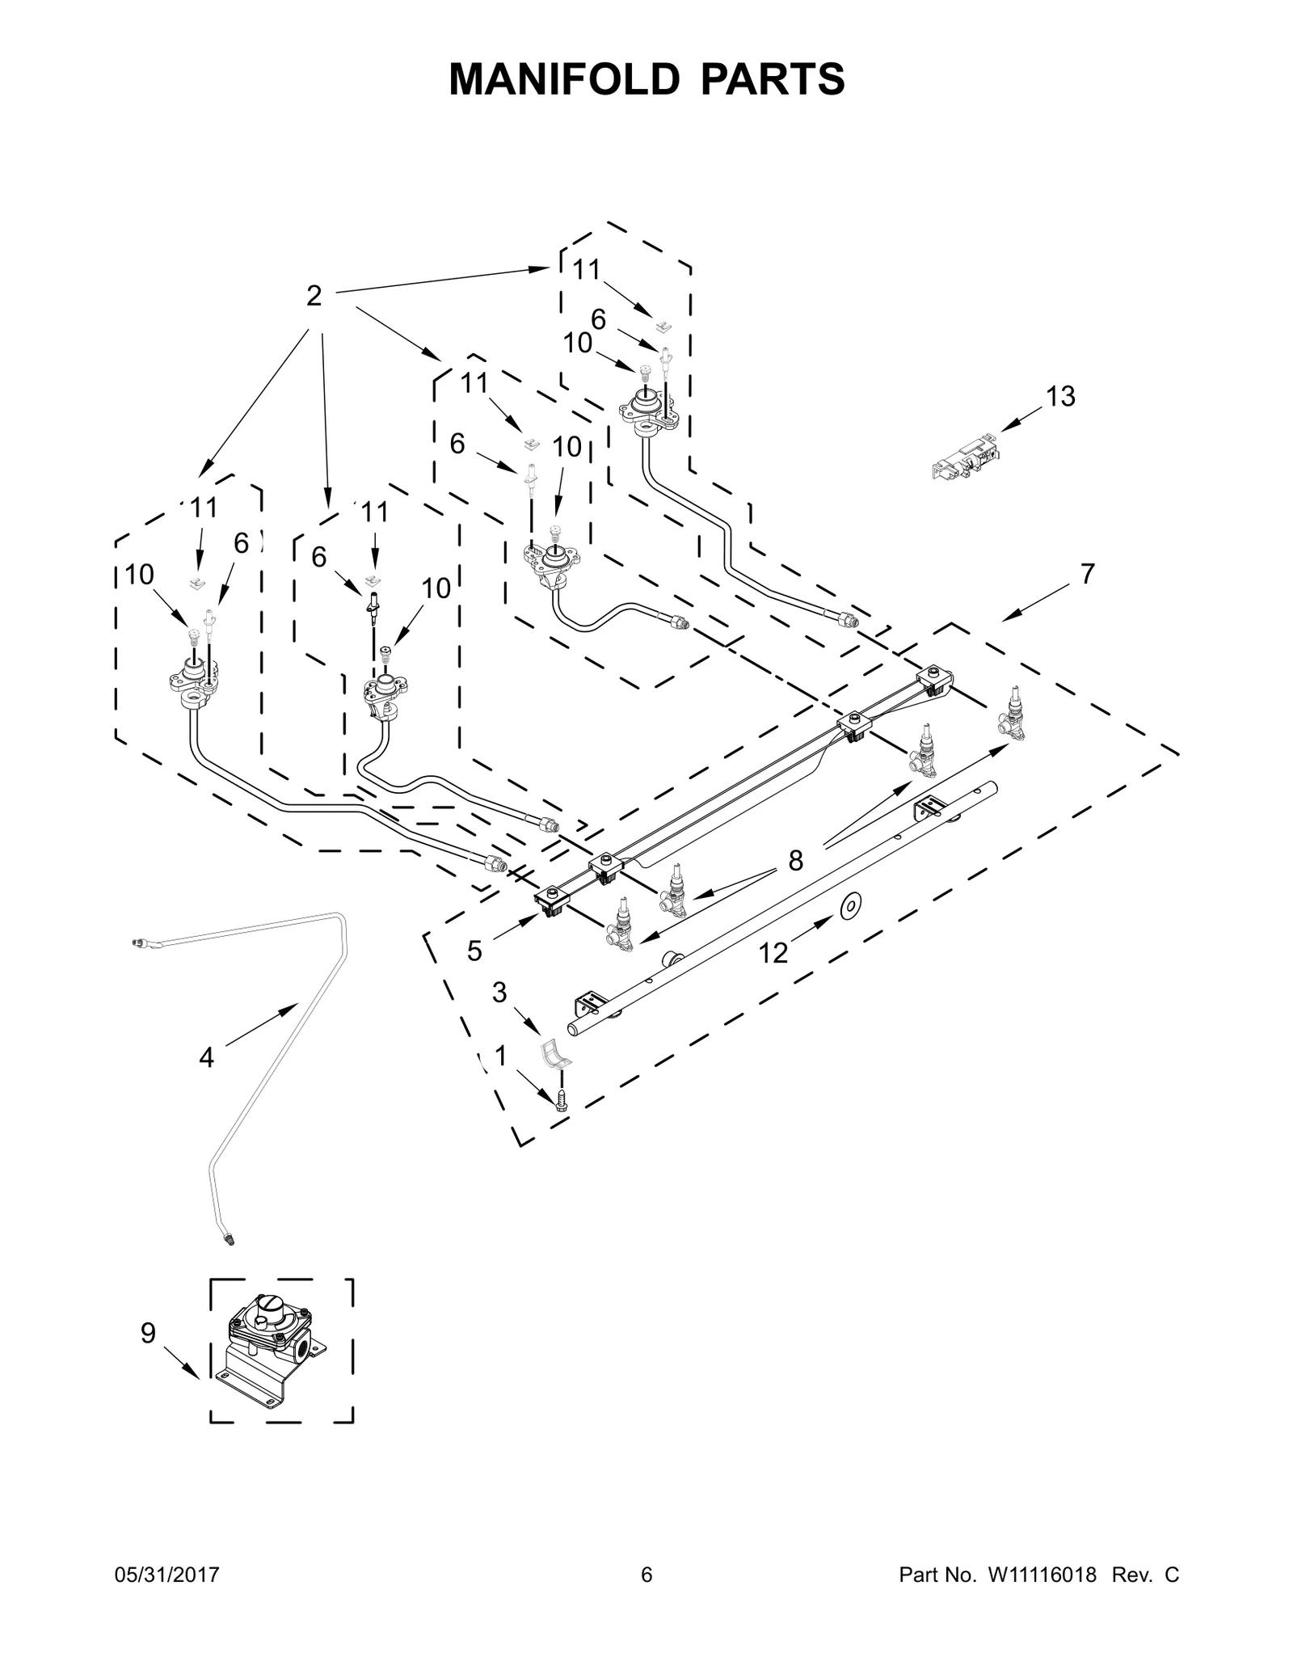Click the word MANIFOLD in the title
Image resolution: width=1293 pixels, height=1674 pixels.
(563, 79)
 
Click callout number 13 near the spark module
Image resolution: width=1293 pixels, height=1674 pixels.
(1060, 397)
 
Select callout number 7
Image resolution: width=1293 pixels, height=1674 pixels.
(1088, 574)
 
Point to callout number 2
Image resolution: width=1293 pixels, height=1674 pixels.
(314, 296)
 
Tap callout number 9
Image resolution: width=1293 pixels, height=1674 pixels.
(148, 1333)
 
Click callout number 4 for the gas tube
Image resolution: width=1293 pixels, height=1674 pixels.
(207, 1057)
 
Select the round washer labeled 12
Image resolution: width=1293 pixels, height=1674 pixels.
(851, 907)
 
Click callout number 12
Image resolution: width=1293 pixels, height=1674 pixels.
(773, 954)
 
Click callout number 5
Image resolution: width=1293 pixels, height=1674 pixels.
(474, 951)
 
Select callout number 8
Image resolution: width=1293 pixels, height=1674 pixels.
(796, 861)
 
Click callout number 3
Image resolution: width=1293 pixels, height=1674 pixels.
(499, 992)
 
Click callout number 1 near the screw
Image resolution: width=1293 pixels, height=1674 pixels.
(501, 1056)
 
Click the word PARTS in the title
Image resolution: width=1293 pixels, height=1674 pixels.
(773, 79)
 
